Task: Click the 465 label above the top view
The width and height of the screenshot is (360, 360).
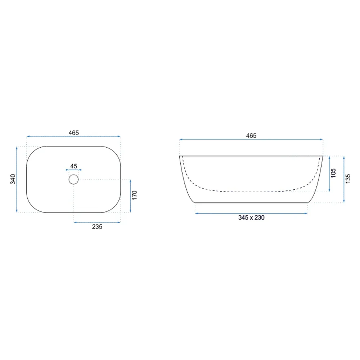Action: pos(74,133)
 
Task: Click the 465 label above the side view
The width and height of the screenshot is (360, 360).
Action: pos(251,136)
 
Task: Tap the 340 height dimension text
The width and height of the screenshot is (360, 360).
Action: pos(13,179)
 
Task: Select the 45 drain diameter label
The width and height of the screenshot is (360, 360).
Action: pos(74,166)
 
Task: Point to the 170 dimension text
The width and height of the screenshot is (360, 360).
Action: pos(135,195)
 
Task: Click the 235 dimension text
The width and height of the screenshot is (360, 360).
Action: pos(97,226)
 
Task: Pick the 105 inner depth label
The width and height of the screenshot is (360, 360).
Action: pos(333,173)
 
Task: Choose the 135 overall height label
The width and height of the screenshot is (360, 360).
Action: pos(348,179)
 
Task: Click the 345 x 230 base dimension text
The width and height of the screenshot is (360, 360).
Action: pos(251,217)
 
